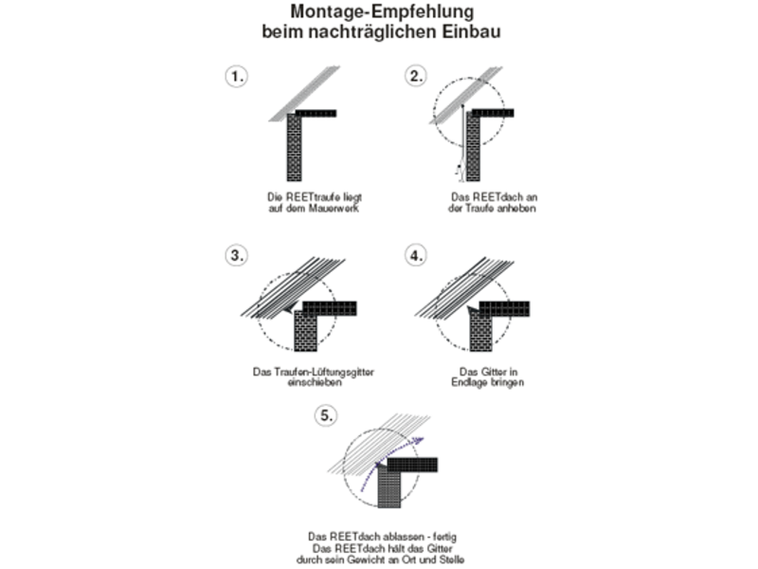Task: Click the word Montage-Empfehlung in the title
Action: (382, 11)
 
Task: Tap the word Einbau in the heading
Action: (470, 31)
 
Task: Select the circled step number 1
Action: (236, 77)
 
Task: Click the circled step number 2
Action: (416, 76)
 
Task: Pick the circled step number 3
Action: (236, 255)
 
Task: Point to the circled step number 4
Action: (416, 255)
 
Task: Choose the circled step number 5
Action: (326, 415)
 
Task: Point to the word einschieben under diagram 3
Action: (315, 382)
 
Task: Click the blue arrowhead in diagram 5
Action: (419, 440)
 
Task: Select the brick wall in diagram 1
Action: (295, 148)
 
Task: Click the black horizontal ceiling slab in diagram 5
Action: (412, 465)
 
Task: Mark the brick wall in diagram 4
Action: (481, 331)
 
